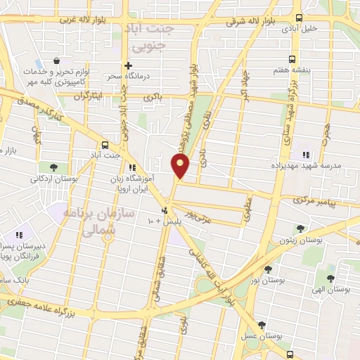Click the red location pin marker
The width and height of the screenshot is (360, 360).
point(181,165)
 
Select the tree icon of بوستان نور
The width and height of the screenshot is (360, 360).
point(267,269)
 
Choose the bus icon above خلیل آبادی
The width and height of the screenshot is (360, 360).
point(300,18)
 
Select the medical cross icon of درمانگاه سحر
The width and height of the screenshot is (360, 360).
point(127,63)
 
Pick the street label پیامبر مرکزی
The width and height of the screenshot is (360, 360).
point(322,202)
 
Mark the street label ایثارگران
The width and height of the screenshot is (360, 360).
point(87,94)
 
